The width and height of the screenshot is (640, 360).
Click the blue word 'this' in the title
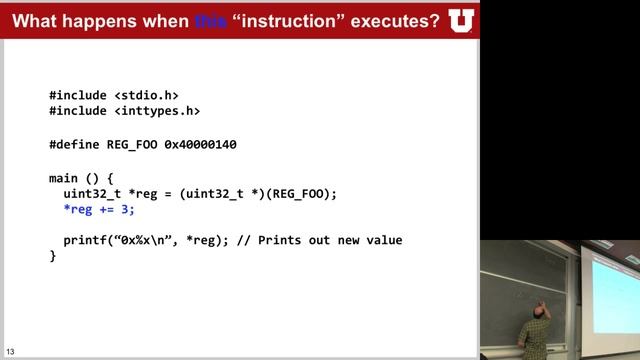pyautogui.click(x=213, y=20)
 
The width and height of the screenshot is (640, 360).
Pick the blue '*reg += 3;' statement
pyautogui.click(x=98, y=209)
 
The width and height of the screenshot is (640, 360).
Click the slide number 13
pyautogui.click(x=10, y=351)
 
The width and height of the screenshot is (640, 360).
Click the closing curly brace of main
pyautogui.click(x=53, y=257)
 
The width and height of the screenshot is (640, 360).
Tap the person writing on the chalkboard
pyautogui.click(x=536, y=325)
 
